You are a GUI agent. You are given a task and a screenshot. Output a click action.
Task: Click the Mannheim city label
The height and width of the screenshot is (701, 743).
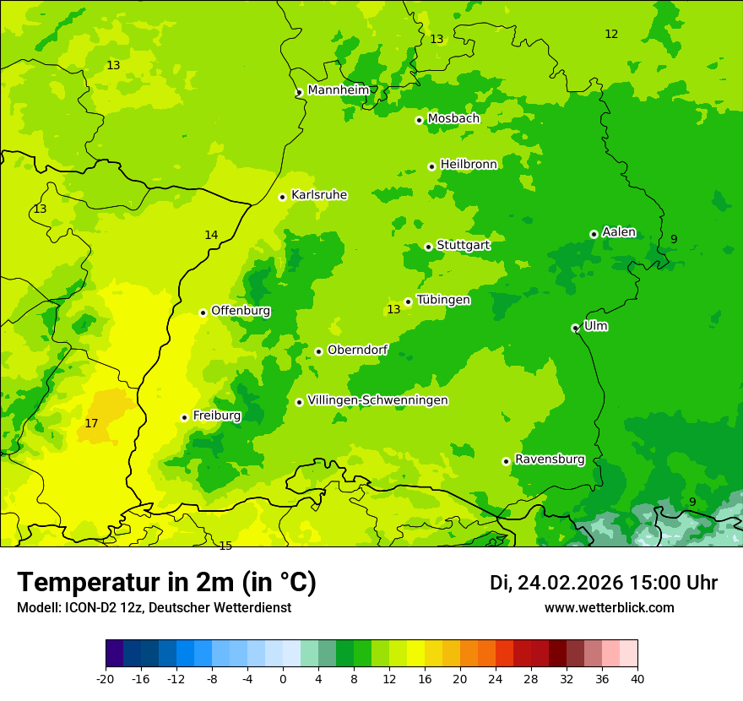pyautogui.click(x=338, y=90)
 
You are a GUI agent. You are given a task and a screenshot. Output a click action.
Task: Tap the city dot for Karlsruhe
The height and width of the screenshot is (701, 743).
pyautogui.click(x=283, y=197)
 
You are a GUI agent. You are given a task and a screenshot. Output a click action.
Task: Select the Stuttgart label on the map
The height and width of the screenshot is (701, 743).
pyautogui.click(x=463, y=245)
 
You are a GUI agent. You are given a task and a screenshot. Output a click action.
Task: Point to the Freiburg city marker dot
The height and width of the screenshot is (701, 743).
pyautogui.click(x=184, y=417)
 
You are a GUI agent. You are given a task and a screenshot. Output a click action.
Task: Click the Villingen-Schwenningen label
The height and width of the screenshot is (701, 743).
pyautogui.click(x=377, y=400)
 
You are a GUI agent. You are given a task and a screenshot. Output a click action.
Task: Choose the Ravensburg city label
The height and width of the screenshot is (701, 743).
pyautogui.click(x=549, y=459)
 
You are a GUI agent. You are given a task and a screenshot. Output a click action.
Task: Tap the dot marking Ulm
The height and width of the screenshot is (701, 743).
pyautogui.click(x=575, y=328)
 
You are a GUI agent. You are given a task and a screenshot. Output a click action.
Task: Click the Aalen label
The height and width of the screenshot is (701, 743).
pyautogui.click(x=619, y=232)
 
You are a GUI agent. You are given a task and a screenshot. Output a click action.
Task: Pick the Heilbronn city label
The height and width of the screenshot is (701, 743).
pyautogui.click(x=469, y=165)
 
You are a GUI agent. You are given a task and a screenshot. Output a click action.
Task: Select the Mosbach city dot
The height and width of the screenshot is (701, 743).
pyautogui.click(x=419, y=120)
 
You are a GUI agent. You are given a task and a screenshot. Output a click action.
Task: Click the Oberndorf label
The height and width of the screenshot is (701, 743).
pyautogui.click(x=357, y=350)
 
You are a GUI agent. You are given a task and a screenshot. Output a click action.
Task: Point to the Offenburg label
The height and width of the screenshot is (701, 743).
pyautogui.click(x=241, y=311)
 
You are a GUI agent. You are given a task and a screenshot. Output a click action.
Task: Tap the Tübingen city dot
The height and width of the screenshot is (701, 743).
pyautogui.click(x=408, y=302)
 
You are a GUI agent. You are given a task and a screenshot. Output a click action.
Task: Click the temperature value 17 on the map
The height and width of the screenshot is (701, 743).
pyautogui.click(x=91, y=423)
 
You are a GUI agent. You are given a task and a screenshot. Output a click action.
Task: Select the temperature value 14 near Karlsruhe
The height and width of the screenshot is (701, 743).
pyautogui.click(x=211, y=235)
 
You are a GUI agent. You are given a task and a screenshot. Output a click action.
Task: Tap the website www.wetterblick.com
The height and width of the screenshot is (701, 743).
pyautogui.click(x=609, y=607)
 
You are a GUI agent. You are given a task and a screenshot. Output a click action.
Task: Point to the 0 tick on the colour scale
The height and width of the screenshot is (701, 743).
pyautogui.click(x=283, y=678)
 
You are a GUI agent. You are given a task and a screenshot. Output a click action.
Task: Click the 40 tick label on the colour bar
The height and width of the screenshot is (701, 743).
pyautogui.click(x=637, y=678)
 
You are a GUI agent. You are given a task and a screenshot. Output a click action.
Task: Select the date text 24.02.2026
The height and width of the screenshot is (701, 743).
pyautogui.click(x=570, y=583)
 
